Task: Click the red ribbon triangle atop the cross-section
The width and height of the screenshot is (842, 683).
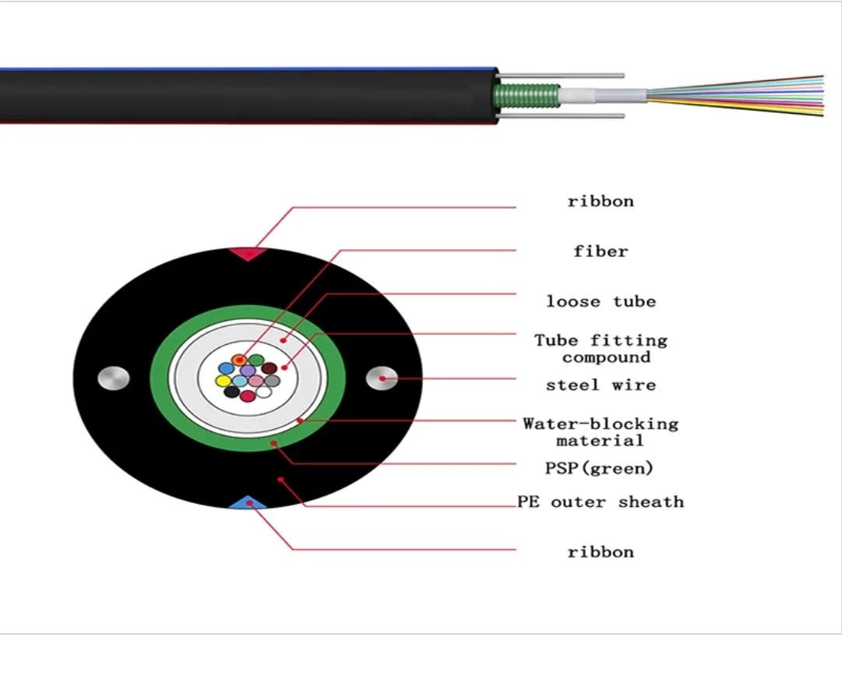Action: coord(248,253)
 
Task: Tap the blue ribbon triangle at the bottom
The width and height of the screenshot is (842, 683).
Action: coord(248,502)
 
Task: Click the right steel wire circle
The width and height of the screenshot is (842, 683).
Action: coord(382,378)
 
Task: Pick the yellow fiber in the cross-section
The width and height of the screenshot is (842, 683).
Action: coord(224,381)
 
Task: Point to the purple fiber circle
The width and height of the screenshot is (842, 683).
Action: coord(248,371)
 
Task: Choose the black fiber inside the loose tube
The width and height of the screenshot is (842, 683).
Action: coord(231,392)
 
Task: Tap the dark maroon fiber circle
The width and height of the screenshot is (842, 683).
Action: coord(269,368)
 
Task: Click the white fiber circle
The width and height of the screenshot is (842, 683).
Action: coord(264,392)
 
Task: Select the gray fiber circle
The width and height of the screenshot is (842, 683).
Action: coord(272,381)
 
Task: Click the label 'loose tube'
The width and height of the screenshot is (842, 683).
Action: coord(601,301)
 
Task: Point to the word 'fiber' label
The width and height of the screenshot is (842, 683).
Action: coord(601,252)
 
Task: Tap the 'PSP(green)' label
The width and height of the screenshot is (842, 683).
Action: coord(598,468)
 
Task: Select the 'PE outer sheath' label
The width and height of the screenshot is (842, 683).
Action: coord(601,502)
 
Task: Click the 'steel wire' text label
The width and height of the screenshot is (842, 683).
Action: coord(601,385)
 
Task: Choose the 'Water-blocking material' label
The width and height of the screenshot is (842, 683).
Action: coord(601,432)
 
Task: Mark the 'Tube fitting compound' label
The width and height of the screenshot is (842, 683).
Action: coord(601,349)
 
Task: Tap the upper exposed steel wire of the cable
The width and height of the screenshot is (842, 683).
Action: coord(561,76)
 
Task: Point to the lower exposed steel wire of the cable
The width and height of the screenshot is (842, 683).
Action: coord(561,116)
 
